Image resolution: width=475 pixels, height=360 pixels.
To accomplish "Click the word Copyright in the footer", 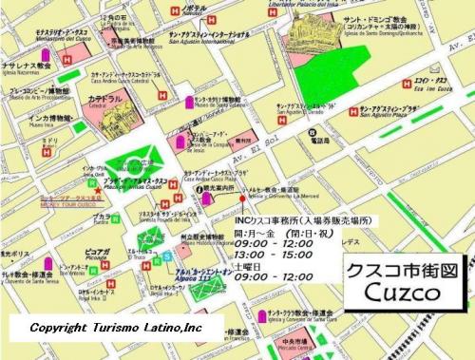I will (x=66, y=328).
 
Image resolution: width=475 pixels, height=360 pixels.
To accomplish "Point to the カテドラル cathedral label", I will (x=104, y=98).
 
